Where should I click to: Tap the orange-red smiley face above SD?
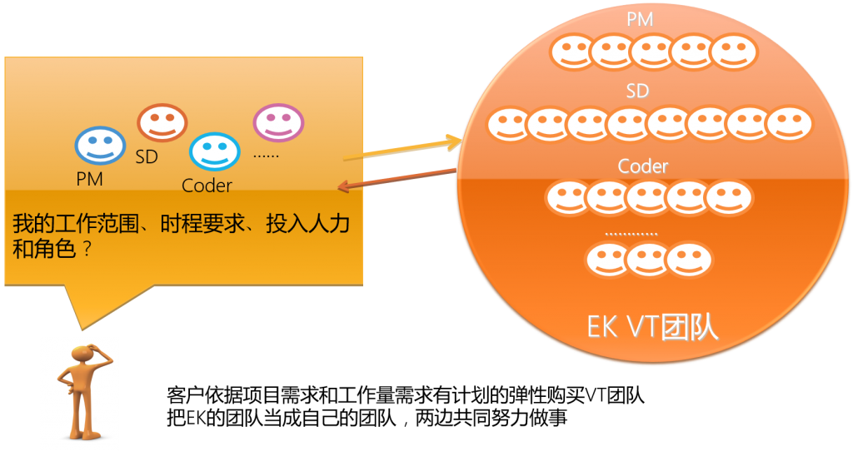point(162,123)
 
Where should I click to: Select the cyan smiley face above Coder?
point(214,152)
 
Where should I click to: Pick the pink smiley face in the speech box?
point(278,122)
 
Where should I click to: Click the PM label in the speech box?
point(89,179)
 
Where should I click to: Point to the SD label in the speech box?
point(147,156)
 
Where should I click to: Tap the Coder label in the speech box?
point(207,186)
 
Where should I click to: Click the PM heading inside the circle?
point(639,17)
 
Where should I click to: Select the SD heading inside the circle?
point(637,91)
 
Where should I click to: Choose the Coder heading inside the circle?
point(643,166)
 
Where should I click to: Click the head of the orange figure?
point(82,354)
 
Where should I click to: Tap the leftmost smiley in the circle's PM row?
point(572,52)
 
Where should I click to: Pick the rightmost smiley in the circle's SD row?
point(789,124)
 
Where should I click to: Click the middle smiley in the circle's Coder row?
point(648,198)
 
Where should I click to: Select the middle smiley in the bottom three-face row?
point(648,260)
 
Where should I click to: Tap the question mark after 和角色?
point(85,249)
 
